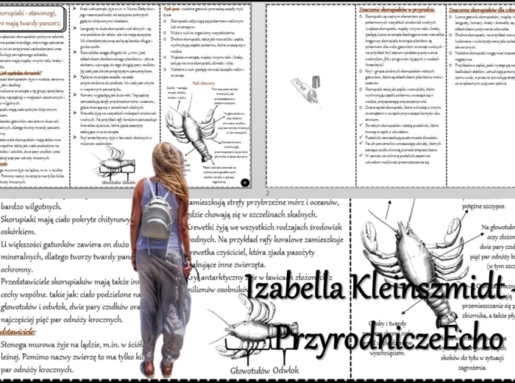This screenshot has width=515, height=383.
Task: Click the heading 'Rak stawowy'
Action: click(x=203, y=84)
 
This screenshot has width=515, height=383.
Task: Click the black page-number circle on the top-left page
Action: click(x=244, y=182)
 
